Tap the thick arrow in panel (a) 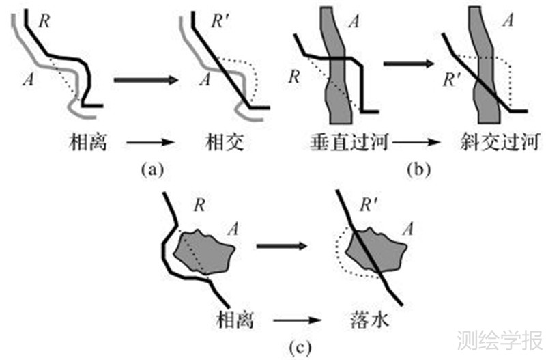pyautogui.click(x=145, y=81)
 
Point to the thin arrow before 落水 pyautogui.click(x=299, y=320)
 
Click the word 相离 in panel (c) pyautogui.click(x=234, y=320)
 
